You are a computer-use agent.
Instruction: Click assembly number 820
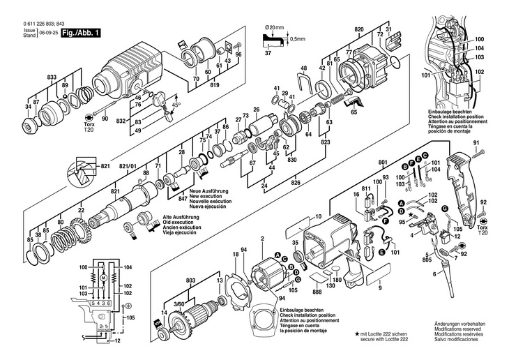coord(359,29)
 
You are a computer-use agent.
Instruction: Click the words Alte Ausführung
coord(183,217)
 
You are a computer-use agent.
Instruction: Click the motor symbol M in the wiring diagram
coord(102,277)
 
